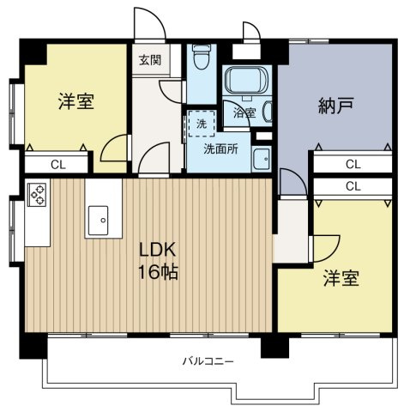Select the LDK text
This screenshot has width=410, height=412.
(x=160, y=250)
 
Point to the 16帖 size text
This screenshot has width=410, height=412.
(x=160, y=275)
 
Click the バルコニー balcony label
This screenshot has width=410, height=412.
(x=207, y=361)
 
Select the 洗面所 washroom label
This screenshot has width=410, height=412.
(x=220, y=147)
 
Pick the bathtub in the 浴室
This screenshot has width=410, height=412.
(x=246, y=82)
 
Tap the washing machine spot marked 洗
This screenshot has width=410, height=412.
(x=202, y=124)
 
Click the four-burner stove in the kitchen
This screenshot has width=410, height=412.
(x=38, y=196)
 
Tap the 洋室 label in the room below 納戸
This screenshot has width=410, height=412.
(x=341, y=279)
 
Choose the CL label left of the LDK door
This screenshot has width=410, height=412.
(x=56, y=164)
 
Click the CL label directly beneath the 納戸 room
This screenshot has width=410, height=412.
(x=353, y=164)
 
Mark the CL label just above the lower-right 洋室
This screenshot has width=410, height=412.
(x=353, y=185)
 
